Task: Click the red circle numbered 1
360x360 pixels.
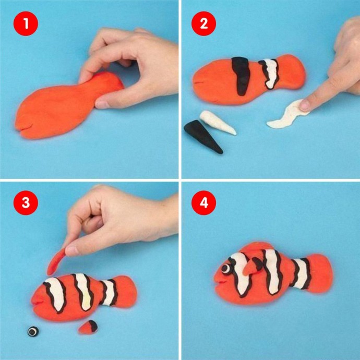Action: click(x=26, y=23)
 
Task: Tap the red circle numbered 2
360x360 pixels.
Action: click(x=203, y=23)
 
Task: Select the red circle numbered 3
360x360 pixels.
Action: click(x=26, y=203)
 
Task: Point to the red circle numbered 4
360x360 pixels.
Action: click(x=203, y=203)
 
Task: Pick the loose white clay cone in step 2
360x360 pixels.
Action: click(x=217, y=122)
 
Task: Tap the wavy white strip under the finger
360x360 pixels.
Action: click(x=288, y=115)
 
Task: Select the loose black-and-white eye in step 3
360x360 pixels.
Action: click(x=33, y=331)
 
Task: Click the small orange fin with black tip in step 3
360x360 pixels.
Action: click(x=88, y=327)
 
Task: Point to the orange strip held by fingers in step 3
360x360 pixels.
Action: click(x=56, y=262)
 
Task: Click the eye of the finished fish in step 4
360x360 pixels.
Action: click(x=226, y=268)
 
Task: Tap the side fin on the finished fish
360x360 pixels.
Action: click(x=252, y=266)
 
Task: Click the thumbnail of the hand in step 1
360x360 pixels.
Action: click(x=102, y=104)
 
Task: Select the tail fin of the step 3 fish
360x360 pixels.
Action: click(x=127, y=292)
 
